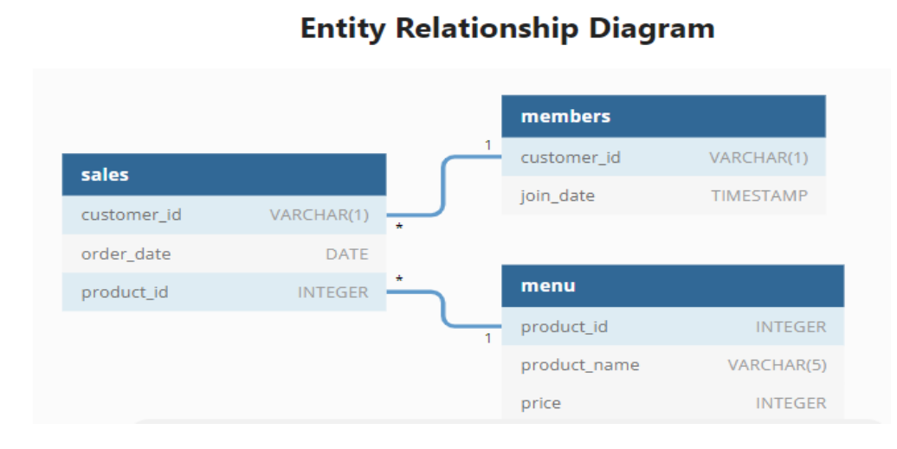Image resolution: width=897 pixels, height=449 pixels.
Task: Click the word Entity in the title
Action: [x=343, y=28]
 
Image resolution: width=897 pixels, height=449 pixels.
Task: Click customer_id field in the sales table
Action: [x=132, y=215]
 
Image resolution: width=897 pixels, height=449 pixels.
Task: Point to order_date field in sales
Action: [x=126, y=254]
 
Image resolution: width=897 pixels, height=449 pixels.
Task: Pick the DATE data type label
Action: [x=346, y=254]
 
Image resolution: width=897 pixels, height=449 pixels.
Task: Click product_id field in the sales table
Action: [x=125, y=292]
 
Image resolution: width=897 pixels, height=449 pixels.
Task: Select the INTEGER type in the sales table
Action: [x=332, y=292]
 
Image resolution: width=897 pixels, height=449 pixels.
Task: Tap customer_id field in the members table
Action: [x=571, y=157]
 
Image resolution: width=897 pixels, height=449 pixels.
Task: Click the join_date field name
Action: [x=558, y=196]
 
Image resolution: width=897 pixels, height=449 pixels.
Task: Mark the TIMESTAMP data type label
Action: [x=759, y=196]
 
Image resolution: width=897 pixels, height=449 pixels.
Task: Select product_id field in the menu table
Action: [x=565, y=327]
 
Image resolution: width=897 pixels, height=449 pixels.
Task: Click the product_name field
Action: [x=580, y=365]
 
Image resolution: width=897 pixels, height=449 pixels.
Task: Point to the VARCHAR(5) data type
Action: [x=777, y=365]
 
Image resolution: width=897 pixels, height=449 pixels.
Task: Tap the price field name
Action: [x=541, y=403]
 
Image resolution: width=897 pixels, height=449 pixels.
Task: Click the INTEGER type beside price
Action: [x=791, y=403]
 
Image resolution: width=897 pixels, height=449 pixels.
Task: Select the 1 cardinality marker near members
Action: [x=487, y=145]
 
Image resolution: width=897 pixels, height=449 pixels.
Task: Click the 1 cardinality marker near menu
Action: [x=487, y=338]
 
